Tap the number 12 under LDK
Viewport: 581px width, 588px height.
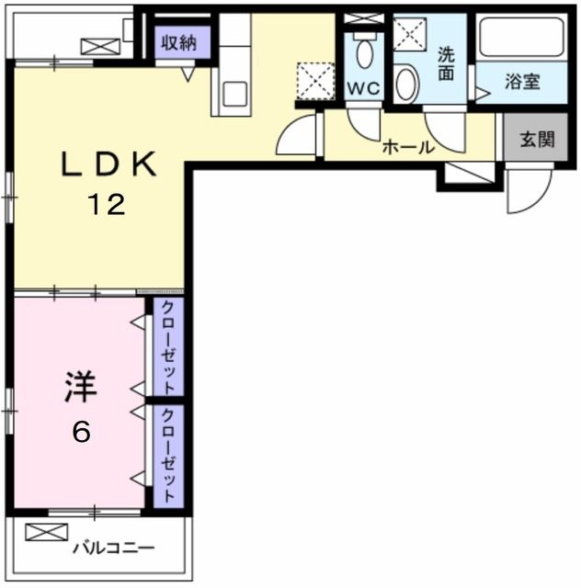click(x=106, y=206)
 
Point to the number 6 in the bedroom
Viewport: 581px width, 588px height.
click(x=81, y=432)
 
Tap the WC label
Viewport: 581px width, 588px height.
click(x=363, y=89)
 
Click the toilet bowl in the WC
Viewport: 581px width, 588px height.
click(x=364, y=52)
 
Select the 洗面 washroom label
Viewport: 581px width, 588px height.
click(x=447, y=63)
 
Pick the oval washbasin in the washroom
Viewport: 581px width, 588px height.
click(x=405, y=84)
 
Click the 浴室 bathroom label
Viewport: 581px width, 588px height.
click(x=522, y=81)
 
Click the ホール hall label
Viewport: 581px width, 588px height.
click(x=407, y=146)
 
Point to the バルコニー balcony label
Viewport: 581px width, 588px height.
click(x=114, y=548)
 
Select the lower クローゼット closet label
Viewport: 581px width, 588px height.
click(x=168, y=454)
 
